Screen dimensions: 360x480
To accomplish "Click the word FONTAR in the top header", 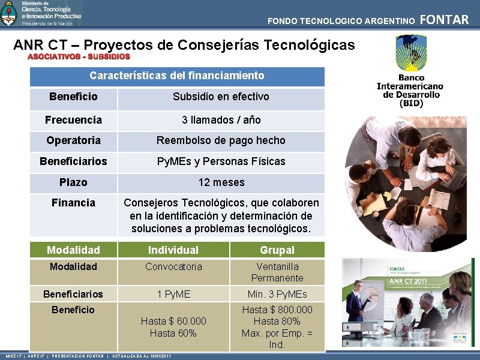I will (x=444, y=20).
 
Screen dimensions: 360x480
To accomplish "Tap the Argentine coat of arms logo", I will (x=9, y=13).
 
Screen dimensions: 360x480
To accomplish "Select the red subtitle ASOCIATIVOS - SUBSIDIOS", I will (x=79, y=56).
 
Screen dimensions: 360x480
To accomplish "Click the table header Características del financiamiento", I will (x=176, y=76).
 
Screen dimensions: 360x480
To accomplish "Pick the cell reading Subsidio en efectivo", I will (x=221, y=97).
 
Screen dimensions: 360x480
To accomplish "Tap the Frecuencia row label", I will (x=73, y=120).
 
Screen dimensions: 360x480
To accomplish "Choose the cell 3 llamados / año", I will (x=221, y=120).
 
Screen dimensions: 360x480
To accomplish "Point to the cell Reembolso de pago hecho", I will (x=221, y=140).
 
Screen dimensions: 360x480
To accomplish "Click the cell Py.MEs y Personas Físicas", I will (x=221, y=161).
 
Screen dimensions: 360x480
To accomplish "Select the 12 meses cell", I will (x=221, y=182).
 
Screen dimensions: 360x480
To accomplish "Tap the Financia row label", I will (x=73, y=203).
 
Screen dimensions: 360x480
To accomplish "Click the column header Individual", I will (x=173, y=250).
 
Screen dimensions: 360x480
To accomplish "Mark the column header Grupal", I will (x=277, y=250).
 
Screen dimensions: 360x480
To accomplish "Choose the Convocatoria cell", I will (x=173, y=266).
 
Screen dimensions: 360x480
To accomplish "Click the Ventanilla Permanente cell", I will (x=277, y=272).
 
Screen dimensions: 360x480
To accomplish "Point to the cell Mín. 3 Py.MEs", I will (x=277, y=294).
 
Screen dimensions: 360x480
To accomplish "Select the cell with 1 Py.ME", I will (x=173, y=294).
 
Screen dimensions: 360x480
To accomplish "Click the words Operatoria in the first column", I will (x=73, y=140).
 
